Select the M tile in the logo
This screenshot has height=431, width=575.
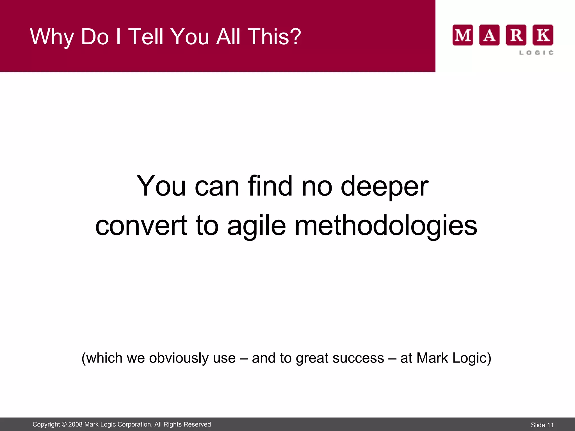(x=462, y=35)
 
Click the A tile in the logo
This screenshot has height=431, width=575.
(x=489, y=35)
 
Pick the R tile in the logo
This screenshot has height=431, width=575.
(x=516, y=35)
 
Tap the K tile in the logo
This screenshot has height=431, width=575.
(x=543, y=35)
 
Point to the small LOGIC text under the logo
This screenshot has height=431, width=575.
(x=536, y=53)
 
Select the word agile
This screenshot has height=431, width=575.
(x=256, y=226)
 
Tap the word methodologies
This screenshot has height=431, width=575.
(x=386, y=226)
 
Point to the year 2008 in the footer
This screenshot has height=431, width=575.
(x=75, y=425)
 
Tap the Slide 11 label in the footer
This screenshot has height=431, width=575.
(x=542, y=425)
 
